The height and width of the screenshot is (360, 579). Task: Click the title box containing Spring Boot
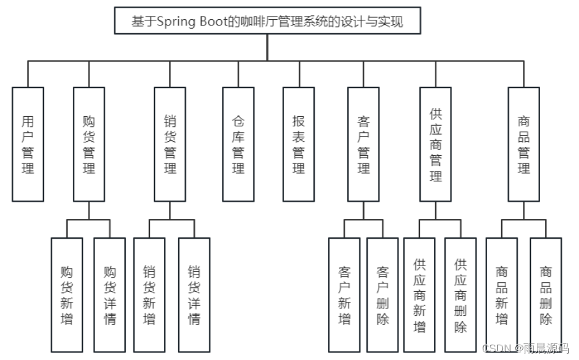(267, 21)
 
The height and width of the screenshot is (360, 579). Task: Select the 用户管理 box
(28, 144)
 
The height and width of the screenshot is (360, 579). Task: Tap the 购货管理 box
(89, 144)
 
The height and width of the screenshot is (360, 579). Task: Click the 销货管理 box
(170, 144)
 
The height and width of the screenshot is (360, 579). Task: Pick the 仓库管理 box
(238, 144)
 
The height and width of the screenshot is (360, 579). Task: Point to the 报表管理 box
(299, 144)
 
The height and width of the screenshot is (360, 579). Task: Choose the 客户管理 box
(364, 144)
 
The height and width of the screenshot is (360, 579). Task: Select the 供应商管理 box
(436, 144)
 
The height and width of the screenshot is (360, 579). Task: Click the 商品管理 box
(524, 144)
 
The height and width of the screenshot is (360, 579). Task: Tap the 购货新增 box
(67, 295)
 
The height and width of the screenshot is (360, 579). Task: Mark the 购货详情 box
(110, 295)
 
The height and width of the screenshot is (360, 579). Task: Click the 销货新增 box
(149, 295)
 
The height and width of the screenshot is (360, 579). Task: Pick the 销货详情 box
(194, 295)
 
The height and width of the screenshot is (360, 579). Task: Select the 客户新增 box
(345, 295)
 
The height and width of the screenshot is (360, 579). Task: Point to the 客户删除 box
(382, 295)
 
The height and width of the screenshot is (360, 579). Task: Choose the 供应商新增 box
(419, 295)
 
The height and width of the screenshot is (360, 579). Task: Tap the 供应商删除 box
(460, 295)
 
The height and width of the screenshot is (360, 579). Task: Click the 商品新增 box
(502, 295)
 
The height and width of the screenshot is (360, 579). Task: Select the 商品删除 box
(546, 295)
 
